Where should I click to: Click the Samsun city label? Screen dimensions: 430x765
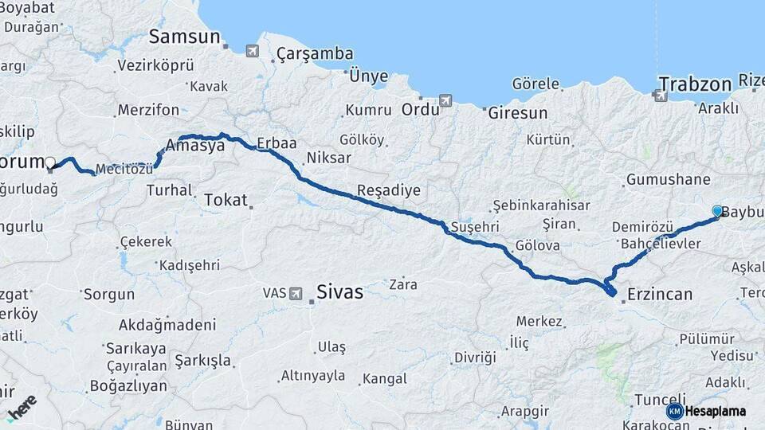tap(184, 37)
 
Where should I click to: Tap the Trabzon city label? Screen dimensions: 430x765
tap(694, 84)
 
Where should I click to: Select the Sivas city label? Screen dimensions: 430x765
tap(339, 291)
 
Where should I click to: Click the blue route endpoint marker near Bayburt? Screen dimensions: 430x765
tap(717, 211)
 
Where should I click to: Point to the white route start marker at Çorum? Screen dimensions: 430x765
tap(50, 163)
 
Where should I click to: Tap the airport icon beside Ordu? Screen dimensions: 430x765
tap(445, 100)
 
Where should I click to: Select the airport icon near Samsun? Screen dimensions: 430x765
tap(253, 52)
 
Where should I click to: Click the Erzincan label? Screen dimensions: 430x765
tap(659, 295)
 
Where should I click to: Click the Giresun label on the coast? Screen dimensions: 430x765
tap(517, 112)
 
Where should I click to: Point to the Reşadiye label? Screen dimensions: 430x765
tap(388, 190)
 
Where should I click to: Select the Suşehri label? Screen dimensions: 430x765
tap(475, 227)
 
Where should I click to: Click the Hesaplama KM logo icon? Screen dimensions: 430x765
tap(675, 411)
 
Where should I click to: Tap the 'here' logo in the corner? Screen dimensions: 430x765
tap(22, 407)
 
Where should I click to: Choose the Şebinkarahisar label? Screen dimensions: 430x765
tap(541, 205)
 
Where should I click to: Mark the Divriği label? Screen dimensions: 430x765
tap(475, 357)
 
